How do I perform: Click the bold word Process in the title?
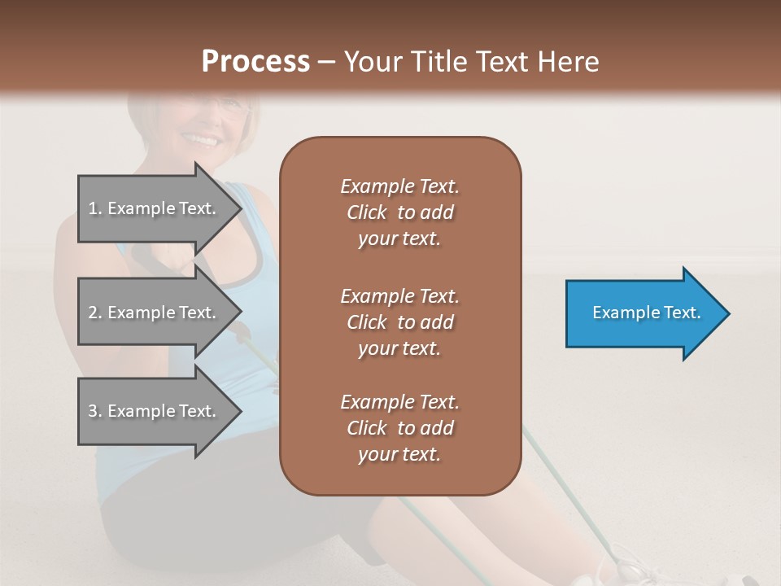(x=255, y=62)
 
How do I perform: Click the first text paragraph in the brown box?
(x=399, y=212)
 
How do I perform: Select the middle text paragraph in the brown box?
(x=399, y=322)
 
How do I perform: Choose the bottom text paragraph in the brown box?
(x=399, y=428)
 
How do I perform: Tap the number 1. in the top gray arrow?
(x=95, y=208)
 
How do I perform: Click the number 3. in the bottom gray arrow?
(x=95, y=411)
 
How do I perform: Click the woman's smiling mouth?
(x=203, y=140)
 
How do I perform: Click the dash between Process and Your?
(x=326, y=63)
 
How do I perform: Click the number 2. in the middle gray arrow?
(x=95, y=313)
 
